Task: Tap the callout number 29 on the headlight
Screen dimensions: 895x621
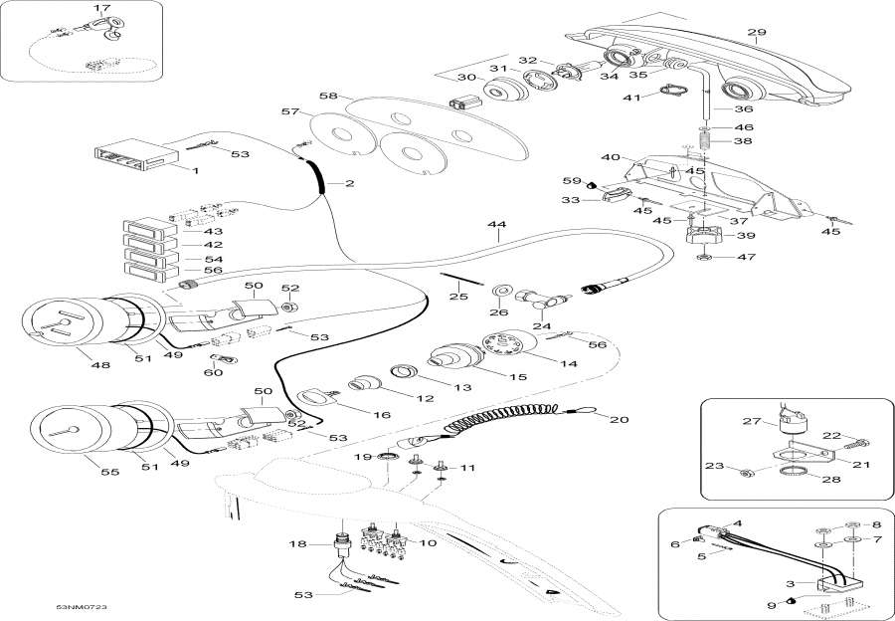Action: (x=757, y=32)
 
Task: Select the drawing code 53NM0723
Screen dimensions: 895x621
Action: (x=82, y=607)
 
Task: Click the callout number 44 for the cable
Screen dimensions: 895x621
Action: (x=496, y=225)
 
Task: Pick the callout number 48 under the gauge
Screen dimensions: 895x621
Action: (x=100, y=364)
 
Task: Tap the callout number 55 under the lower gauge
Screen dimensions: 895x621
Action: (x=110, y=472)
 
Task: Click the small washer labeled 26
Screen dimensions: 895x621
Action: (x=501, y=291)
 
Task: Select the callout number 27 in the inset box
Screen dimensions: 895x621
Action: (x=752, y=421)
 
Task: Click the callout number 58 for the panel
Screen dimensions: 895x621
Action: (x=328, y=96)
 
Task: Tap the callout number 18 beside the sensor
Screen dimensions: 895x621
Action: (x=298, y=544)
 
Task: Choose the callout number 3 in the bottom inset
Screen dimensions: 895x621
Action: (x=791, y=584)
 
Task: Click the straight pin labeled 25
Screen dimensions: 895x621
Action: (x=461, y=279)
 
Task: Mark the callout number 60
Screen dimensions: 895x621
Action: (x=215, y=372)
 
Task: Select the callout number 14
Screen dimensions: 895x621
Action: (x=568, y=363)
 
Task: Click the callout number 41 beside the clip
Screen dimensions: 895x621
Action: (x=631, y=98)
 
